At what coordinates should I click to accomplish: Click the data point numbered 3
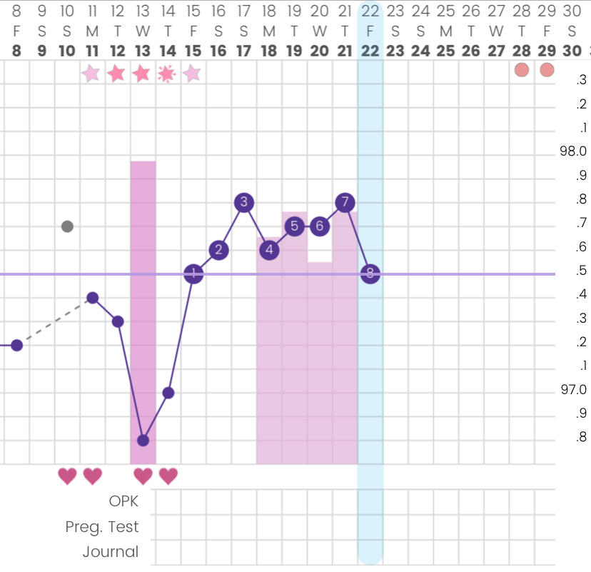pyautogui.click(x=243, y=202)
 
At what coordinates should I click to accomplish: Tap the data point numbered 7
pyautogui.click(x=345, y=202)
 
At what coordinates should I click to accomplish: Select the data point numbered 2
pyautogui.click(x=218, y=250)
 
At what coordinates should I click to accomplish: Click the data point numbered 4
pyautogui.click(x=269, y=250)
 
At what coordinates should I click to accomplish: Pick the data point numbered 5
pyautogui.click(x=294, y=226)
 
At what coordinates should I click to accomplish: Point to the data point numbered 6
pyautogui.click(x=319, y=226)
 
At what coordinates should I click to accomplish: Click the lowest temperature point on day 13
pyautogui.click(x=143, y=440)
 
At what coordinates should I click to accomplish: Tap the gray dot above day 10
pyautogui.click(x=67, y=226)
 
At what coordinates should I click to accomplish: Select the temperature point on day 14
pyautogui.click(x=168, y=393)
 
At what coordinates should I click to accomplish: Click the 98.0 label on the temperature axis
pyautogui.click(x=575, y=151)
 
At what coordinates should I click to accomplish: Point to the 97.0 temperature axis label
pyautogui.click(x=575, y=390)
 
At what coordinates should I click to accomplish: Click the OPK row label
pyautogui.click(x=123, y=501)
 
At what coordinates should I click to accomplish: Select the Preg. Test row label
pyautogui.click(x=102, y=527)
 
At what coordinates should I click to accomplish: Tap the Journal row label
pyautogui.click(x=111, y=551)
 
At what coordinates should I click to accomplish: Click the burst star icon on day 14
pyautogui.click(x=168, y=73)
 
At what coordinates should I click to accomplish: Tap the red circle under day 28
pyautogui.click(x=522, y=69)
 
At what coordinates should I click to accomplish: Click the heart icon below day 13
pyautogui.click(x=143, y=475)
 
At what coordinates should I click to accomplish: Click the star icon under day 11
pyautogui.click(x=91, y=73)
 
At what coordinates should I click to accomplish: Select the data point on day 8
pyautogui.click(x=17, y=345)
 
